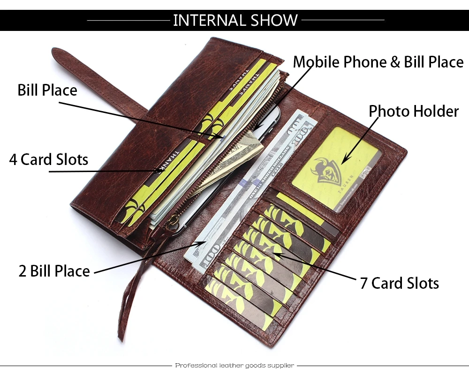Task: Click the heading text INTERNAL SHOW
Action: [x=235, y=20]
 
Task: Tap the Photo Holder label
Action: [x=413, y=111]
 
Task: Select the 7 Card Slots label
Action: [x=399, y=283]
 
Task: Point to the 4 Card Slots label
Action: [x=49, y=159]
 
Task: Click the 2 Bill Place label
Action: [x=54, y=271]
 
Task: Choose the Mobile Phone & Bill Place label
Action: [x=378, y=62]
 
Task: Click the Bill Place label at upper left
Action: [x=47, y=90]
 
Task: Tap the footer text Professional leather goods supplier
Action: [x=234, y=365]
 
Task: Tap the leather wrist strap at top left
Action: [x=94, y=80]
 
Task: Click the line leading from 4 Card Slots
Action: [x=103, y=171]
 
